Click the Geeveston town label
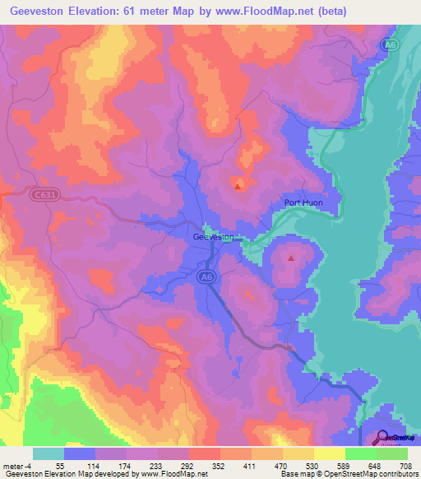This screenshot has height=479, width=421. click(x=213, y=237)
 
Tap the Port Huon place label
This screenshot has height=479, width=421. click(x=303, y=204)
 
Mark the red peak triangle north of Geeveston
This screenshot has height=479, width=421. click(x=238, y=186)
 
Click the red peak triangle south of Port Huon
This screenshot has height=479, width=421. click(x=291, y=258)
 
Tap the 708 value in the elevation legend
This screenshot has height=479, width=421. click(x=405, y=465)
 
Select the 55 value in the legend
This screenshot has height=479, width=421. click(x=60, y=465)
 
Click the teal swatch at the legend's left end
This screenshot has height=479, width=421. click(x=48, y=453)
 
